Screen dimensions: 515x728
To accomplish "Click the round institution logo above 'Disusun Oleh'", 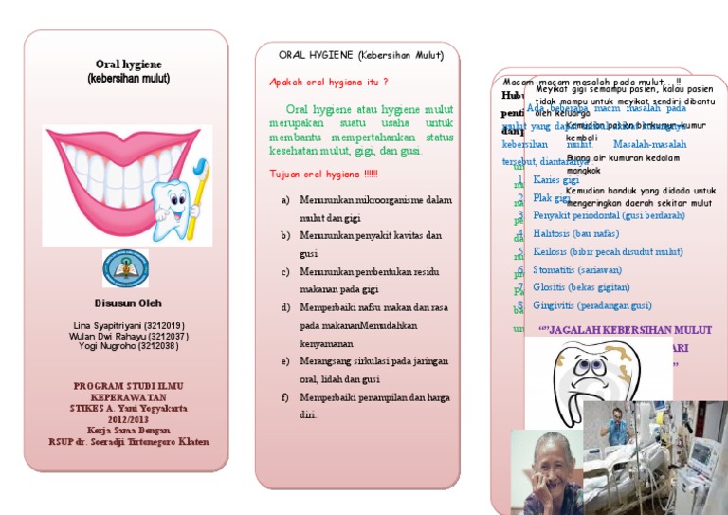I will point(126,269).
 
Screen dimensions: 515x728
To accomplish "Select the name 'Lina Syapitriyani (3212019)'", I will point(127,325).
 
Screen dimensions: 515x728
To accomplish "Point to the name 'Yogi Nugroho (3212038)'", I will point(127,346).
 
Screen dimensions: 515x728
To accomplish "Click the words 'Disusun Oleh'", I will point(126,303).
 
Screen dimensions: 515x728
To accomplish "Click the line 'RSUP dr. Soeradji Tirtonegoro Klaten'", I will point(128,442).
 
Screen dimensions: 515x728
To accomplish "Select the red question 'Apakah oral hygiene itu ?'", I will point(329,83).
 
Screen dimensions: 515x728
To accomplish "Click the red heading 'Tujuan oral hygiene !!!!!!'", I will point(323,174).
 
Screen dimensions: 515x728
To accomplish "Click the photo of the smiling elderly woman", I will point(547,471).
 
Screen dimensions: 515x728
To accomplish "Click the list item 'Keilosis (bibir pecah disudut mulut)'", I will point(608,251).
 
